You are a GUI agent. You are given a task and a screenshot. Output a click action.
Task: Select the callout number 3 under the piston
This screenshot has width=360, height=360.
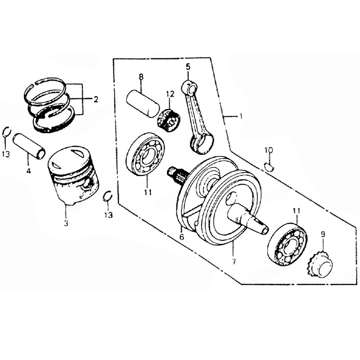[x=66, y=224]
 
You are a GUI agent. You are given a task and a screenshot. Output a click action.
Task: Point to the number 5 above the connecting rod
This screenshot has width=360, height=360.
[x=189, y=67]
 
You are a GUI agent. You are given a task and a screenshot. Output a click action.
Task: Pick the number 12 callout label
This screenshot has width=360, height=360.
[x=170, y=94]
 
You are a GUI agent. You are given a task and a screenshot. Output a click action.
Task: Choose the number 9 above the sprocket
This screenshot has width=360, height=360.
[x=322, y=234]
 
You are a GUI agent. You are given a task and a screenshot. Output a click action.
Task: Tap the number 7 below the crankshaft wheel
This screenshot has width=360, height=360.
[x=234, y=261]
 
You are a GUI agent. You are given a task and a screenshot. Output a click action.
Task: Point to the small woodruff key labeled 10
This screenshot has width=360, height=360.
[x=270, y=167]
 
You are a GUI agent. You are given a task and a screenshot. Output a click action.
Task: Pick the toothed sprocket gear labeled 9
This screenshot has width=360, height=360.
[x=321, y=265]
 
